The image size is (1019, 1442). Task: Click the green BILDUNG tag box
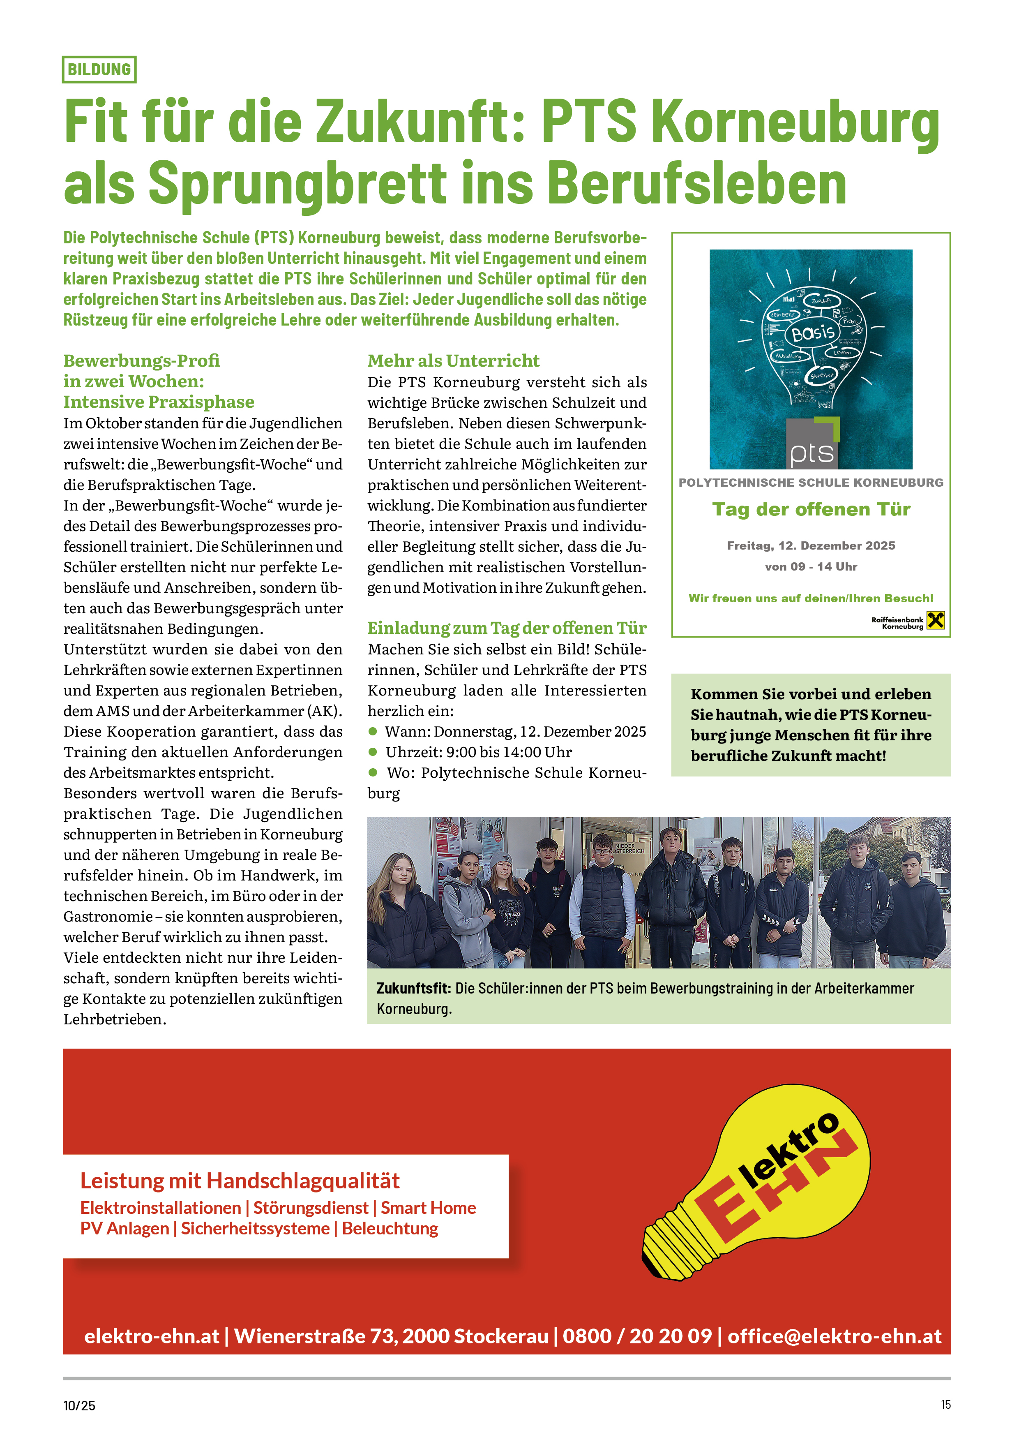(x=99, y=70)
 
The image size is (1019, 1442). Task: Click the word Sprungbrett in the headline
(x=297, y=183)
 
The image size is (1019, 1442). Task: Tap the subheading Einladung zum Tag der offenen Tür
(x=507, y=628)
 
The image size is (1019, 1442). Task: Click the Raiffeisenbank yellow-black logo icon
(x=936, y=621)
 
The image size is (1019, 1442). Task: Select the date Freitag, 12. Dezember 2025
(x=811, y=546)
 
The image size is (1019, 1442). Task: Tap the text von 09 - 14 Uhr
(x=811, y=566)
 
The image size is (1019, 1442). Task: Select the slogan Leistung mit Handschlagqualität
(x=240, y=1181)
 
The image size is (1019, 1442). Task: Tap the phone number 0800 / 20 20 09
(x=637, y=1336)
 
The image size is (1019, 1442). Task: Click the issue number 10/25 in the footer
(x=79, y=1405)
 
